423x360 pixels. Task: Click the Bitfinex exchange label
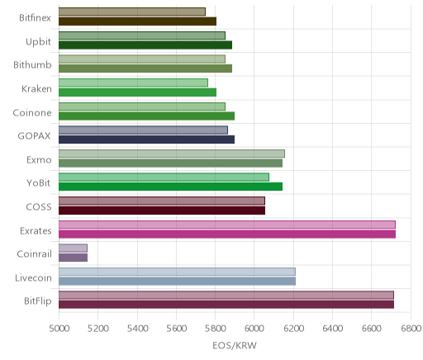[x=35, y=18]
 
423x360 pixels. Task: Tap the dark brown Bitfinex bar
[x=137, y=21]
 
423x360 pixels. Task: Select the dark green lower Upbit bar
[x=145, y=45]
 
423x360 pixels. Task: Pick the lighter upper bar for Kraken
[x=133, y=83]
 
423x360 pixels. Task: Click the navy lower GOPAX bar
[x=146, y=140]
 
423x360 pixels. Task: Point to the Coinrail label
[x=34, y=253]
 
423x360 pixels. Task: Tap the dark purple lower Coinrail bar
[x=73, y=258]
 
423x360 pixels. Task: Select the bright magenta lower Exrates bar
[x=227, y=234]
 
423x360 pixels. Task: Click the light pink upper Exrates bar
[x=227, y=225]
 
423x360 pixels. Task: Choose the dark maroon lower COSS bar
[x=162, y=211]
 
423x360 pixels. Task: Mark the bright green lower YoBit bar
[x=170, y=187]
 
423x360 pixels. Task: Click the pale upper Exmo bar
[x=172, y=154]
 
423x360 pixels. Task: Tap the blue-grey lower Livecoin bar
[x=177, y=281]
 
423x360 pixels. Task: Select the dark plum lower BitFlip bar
[x=226, y=305]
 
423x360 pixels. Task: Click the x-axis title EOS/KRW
[x=235, y=345]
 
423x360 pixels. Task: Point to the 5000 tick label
[x=59, y=329]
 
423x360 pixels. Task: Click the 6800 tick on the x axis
[x=411, y=329]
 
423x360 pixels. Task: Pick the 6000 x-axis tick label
[x=254, y=329]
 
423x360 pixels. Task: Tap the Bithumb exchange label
[x=32, y=65]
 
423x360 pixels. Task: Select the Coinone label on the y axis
[x=32, y=112]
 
